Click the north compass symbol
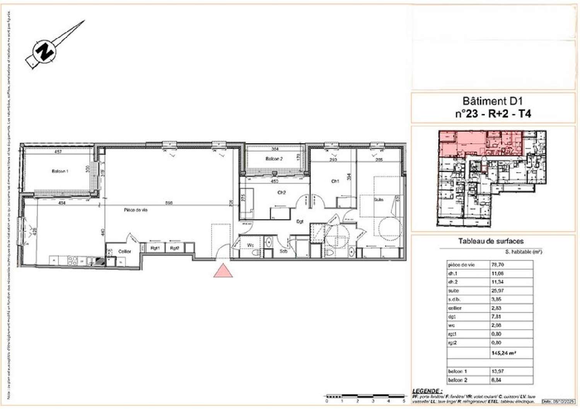point(45,51)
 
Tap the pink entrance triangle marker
point(223,271)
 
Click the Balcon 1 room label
point(60,171)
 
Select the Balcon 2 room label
point(274,159)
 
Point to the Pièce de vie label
point(135,210)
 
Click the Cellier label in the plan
point(125,251)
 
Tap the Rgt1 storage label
point(155,248)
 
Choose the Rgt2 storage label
point(175,248)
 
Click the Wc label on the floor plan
point(250,245)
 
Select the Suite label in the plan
point(378,199)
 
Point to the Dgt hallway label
point(300,222)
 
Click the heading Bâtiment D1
point(493,101)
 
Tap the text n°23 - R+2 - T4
point(493,114)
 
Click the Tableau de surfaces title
point(491,241)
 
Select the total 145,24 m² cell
point(504,353)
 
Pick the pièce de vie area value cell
point(498,265)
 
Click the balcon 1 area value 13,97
point(498,371)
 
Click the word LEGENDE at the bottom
point(426,391)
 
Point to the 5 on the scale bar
point(404,401)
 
